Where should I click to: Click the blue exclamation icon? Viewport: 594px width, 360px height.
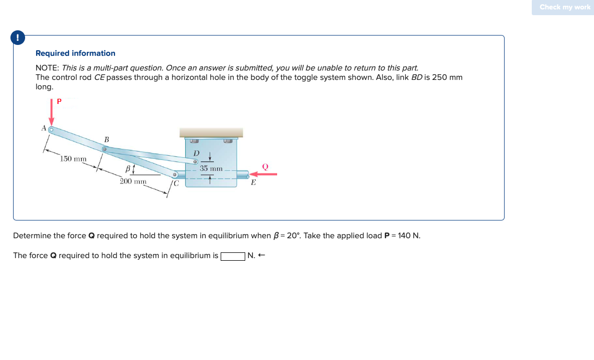pos(18,38)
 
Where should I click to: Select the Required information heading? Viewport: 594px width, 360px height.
pos(75,53)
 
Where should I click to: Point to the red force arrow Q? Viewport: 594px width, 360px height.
pos(261,175)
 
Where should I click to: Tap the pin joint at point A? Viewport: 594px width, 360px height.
pos(52,129)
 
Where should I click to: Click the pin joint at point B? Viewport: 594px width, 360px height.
pos(105,149)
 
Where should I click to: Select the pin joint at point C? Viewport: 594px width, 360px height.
pos(175,175)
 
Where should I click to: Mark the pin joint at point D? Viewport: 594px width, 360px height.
pos(196,162)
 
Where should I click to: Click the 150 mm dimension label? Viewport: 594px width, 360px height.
pos(73,159)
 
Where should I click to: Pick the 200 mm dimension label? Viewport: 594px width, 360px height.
pos(133,181)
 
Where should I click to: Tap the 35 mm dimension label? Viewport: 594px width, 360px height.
pos(211,169)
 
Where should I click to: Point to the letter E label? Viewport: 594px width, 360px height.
pos(253,183)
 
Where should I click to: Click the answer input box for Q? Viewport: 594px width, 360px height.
pos(233,256)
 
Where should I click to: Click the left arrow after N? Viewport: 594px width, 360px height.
pos(262,256)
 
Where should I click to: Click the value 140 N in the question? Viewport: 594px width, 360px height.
pos(408,236)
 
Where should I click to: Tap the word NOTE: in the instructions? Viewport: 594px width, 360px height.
pos(47,68)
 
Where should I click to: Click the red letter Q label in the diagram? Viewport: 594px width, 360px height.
pos(265,166)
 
